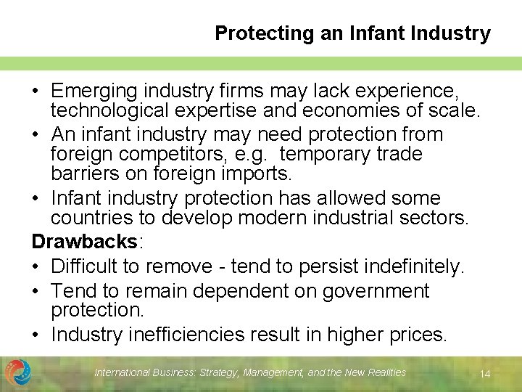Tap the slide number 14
(486, 374)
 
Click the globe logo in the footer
(18, 372)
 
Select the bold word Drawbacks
(85, 241)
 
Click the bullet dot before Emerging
(36, 92)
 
